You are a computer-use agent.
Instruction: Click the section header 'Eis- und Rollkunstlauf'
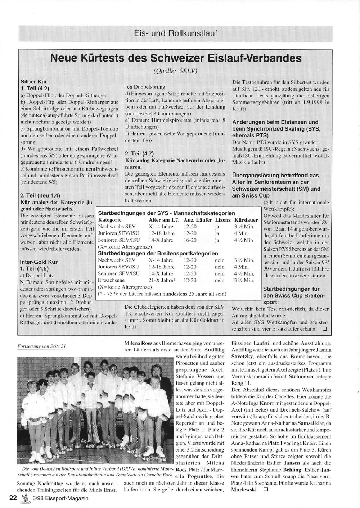[175, 34]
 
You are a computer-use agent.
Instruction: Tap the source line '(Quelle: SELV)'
[175, 71]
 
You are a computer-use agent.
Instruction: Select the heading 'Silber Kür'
[34, 82]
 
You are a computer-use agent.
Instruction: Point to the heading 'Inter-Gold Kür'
[39, 262]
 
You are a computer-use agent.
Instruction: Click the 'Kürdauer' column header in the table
[246, 220]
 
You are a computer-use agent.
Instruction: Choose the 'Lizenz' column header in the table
[223, 220]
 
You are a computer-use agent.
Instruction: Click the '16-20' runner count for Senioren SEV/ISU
[190, 240]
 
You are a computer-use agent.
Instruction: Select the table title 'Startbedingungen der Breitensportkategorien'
[158, 253]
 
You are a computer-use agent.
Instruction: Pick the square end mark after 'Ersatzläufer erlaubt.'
[324, 329]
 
